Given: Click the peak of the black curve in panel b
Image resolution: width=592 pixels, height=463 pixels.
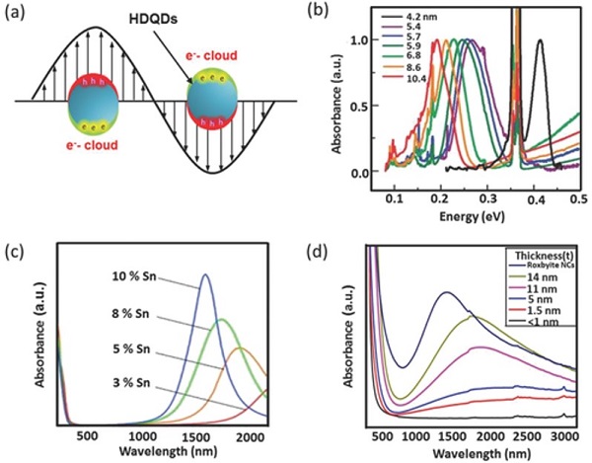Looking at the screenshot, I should click(x=540, y=40).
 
